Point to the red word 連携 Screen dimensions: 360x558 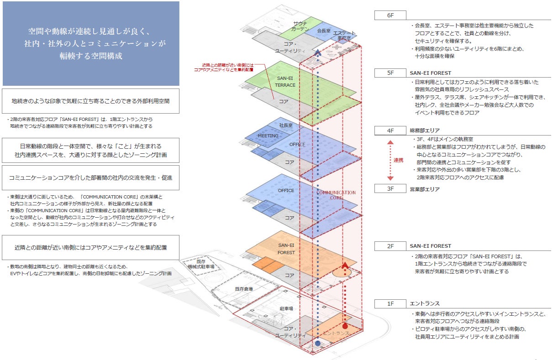[x=399, y=160]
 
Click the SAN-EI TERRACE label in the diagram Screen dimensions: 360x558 [x=285, y=82]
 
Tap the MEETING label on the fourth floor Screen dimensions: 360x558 [x=268, y=136]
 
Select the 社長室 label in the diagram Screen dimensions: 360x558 [x=285, y=125]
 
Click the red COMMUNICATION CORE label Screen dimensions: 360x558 [x=336, y=195]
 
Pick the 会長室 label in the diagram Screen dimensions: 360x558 [x=323, y=31]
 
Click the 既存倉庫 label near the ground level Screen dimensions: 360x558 [x=244, y=289]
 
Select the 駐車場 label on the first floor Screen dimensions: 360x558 [x=286, y=309]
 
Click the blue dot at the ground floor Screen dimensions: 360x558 [x=317, y=343]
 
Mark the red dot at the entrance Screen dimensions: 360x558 [x=345, y=326]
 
